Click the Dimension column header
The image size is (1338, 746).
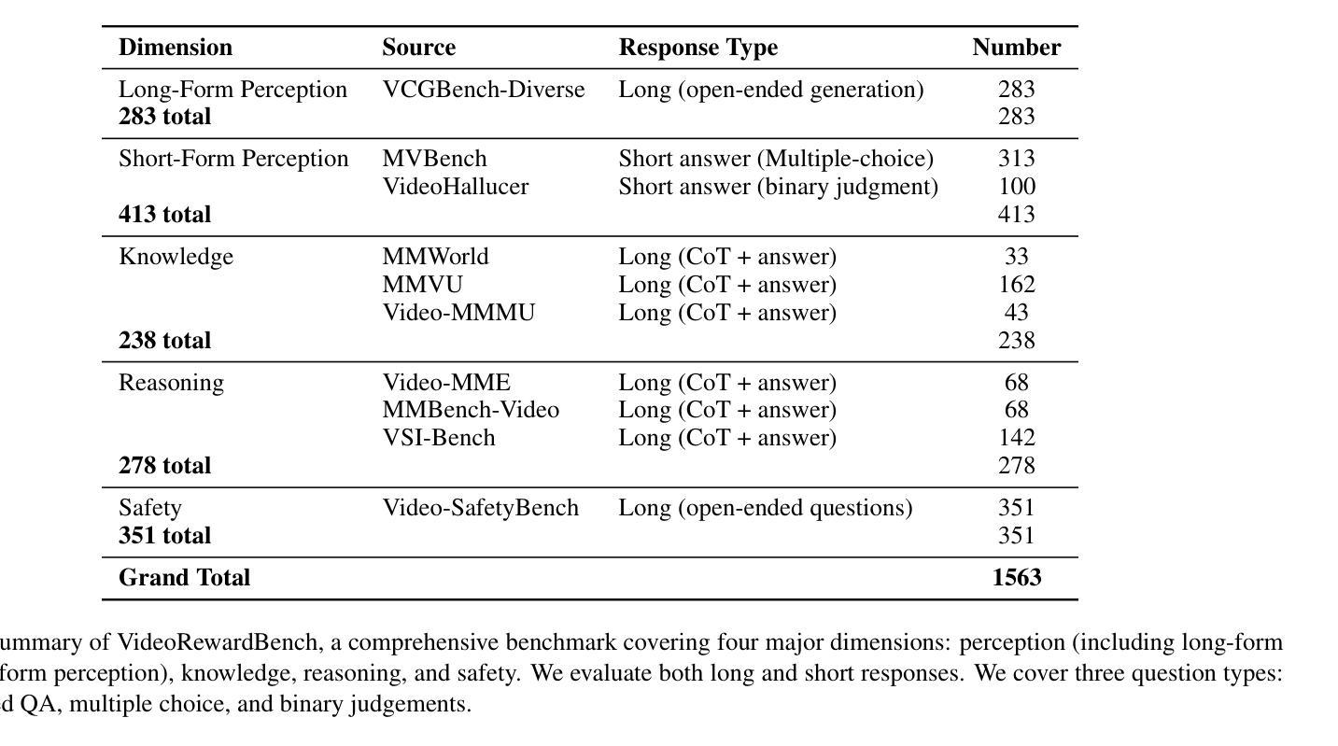coord(175,48)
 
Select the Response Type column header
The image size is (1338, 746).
coord(697,48)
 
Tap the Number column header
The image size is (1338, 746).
coord(1016,48)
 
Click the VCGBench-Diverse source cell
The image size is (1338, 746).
coord(484,90)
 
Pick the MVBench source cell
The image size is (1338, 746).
coord(434,159)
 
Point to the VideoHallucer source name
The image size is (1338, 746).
coord(455,187)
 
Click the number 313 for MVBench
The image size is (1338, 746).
coord(1016,159)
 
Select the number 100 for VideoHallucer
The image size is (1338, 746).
coord(1017,187)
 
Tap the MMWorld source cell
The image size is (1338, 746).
coord(435,257)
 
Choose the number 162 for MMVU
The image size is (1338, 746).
coord(1017,285)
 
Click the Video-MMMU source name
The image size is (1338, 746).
coord(458,313)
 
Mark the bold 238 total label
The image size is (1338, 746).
coord(164,341)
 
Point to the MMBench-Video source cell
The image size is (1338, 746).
coord(471,410)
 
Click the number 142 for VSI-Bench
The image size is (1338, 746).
coord(1017,438)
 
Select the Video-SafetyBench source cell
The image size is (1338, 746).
coord(480,508)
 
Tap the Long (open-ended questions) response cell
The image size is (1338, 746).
coord(765,508)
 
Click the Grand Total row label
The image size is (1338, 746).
coord(184,578)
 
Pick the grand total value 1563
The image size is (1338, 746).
coord(1017,578)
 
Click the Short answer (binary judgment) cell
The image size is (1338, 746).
coord(778,187)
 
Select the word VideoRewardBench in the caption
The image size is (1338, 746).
coord(217,642)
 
